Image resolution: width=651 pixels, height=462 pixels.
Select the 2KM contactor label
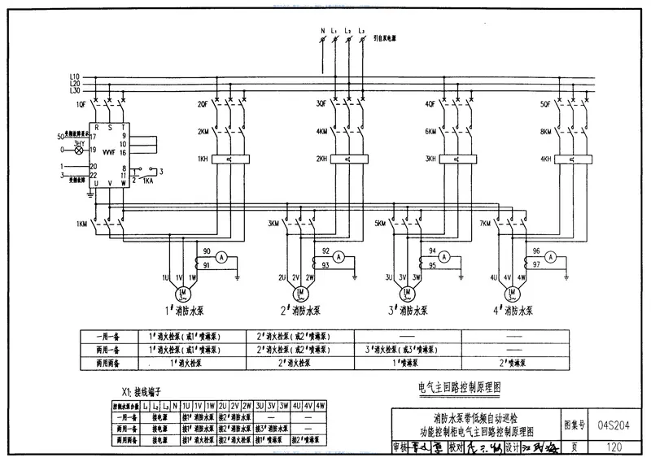pyautogui.click(x=203, y=132)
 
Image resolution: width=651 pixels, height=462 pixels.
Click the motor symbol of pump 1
pyautogui.click(x=183, y=292)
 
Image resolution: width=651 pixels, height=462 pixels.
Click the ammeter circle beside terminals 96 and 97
pyautogui.click(x=550, y=256)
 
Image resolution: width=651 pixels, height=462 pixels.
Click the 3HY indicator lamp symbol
pyautogui.click(x=79, y=150)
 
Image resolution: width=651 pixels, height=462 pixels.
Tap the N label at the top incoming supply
pyautogui.click(x=322, y=31)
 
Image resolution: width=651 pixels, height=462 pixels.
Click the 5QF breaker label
pyautogui.click(x=545, y=105)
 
